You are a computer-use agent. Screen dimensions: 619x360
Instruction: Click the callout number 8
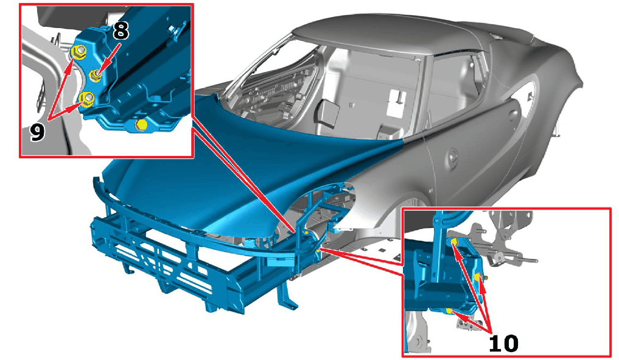click(121, 30)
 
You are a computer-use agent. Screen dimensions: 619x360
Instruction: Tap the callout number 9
click(37, 132)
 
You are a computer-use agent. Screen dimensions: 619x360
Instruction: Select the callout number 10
click(503, 343)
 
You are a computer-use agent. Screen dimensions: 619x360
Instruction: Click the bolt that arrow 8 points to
click(95, 75)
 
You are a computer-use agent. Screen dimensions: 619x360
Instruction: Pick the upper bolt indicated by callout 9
click(79, 51)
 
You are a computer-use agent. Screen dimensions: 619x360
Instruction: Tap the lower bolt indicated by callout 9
click(87, 98)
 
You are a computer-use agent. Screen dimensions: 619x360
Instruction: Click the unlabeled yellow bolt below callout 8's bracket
click(141, 125)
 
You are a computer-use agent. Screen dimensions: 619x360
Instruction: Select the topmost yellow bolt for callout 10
click(453, 242)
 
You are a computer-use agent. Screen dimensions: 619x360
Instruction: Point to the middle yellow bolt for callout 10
click(478, 277)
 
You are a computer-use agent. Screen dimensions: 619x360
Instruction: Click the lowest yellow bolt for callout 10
click(449, 311)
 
